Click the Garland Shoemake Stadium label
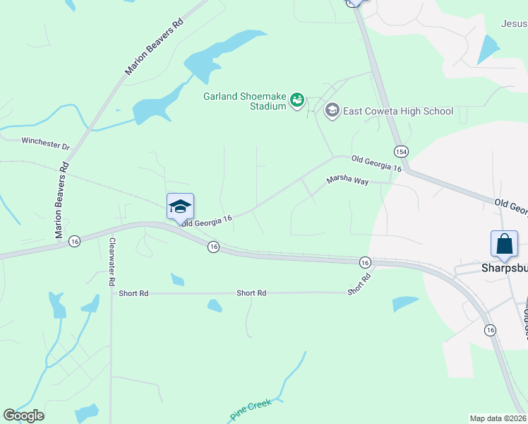click(246, 101)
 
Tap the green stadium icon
click(298, 101)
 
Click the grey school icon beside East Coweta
click(332, 111)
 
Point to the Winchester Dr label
click(46, 143)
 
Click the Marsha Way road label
click(347, 181)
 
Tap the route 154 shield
click(401, 152)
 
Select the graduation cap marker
click(180, 206)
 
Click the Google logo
click(23, 416)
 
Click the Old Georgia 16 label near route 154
click(376, 164)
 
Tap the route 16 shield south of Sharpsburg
click(489, 330)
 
